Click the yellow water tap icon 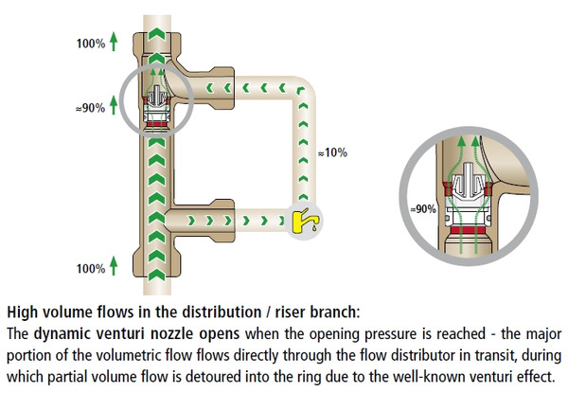coord(304,221)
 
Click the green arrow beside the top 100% coord(114,42)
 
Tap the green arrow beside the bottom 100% coord(114,267)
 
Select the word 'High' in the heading coord(25,311)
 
